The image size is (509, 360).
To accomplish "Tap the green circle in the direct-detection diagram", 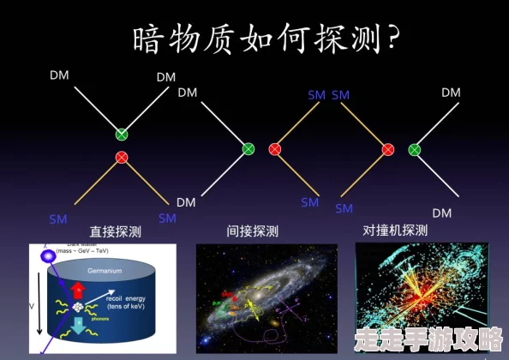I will (x=122, y=135).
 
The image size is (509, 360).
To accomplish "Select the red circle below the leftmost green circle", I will (x=122, y=157).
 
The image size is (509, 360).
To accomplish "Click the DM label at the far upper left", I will (x=59, y=75).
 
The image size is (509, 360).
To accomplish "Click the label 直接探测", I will (x=116, y=231).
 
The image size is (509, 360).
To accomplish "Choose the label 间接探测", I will (x=253, y=231).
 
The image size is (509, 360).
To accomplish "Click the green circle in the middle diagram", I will (x=249, y=149).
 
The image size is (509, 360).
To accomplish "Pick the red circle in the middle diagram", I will (x=275, y=149).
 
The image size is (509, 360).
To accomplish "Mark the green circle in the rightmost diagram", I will (x=415, y=149).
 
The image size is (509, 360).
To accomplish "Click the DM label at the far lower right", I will (x=441, y=213).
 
